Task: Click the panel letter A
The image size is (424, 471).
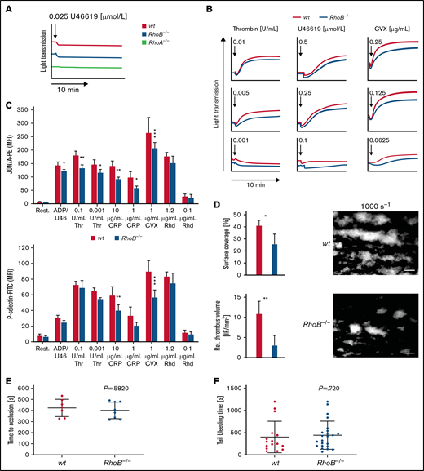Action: click(7, 7)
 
